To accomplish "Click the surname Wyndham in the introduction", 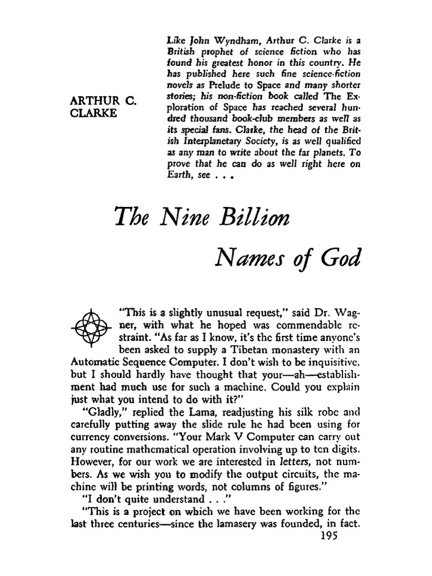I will pyautogui.click(x=214, y=24).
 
